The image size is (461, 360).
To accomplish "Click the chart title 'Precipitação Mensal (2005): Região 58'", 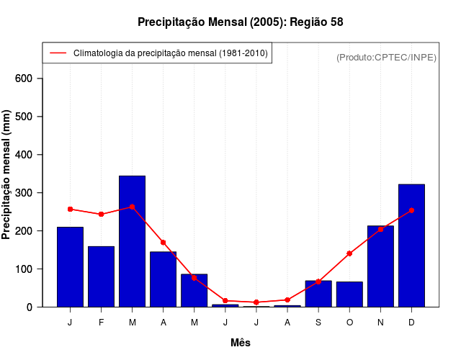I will pos(241,22).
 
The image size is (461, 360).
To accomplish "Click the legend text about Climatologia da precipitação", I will pos(171,53).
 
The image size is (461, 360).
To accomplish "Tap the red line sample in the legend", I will pos(58,53).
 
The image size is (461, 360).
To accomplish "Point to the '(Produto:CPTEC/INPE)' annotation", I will pos(387,57).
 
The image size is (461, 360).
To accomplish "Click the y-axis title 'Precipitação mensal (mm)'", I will pos(6,174).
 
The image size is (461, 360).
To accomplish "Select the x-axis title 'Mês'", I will pos(241,343).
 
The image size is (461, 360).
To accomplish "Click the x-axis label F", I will pos(102,323).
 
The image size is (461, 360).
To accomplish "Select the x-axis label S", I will pos(318,323).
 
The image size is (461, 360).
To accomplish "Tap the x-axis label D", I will pos(411,323).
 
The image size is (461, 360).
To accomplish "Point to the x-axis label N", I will pos(380,323).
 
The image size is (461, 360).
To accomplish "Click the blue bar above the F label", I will pos(102,277).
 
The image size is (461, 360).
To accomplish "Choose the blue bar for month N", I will pos(380,266).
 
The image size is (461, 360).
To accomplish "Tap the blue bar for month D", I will pos(411,246).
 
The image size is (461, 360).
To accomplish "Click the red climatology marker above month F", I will pos(102,214).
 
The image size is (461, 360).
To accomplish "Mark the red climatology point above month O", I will pos(349,253).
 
